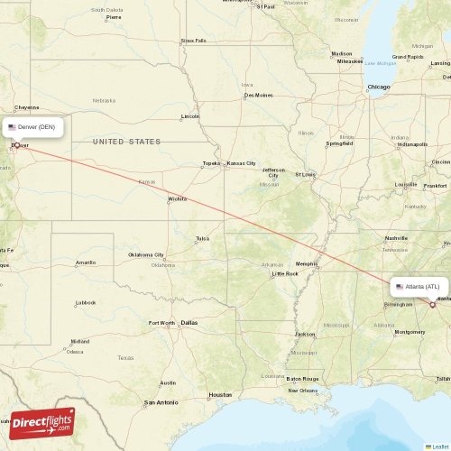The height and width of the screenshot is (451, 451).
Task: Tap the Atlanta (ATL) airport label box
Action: coord(419,287)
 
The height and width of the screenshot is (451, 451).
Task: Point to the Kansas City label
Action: coord(241,163)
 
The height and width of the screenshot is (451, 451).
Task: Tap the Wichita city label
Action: coord(177,198)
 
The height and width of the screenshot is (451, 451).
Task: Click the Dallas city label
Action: coord(189,322)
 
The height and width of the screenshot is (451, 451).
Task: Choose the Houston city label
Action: coord(219,395)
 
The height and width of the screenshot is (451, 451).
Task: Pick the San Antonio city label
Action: coord(162,402)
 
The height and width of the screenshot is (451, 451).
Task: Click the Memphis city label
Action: coord(307,263)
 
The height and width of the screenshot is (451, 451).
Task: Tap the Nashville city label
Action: coord(397,238)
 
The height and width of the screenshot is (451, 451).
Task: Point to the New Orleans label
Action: coord(302,390)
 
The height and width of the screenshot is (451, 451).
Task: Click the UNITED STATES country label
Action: coord(126,142)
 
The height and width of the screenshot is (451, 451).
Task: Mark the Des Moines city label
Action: coord(257,95)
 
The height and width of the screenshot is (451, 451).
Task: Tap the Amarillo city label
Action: coord(85,262)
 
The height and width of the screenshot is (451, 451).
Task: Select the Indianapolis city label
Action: coord(413,144)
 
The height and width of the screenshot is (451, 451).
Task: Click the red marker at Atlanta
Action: coord(433,305)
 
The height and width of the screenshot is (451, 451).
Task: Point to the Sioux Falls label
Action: coord(193,41)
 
